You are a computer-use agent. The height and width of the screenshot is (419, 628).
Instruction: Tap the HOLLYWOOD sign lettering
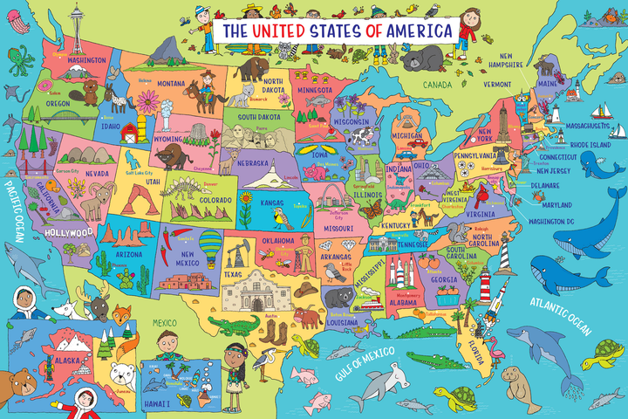coord(69,233)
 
